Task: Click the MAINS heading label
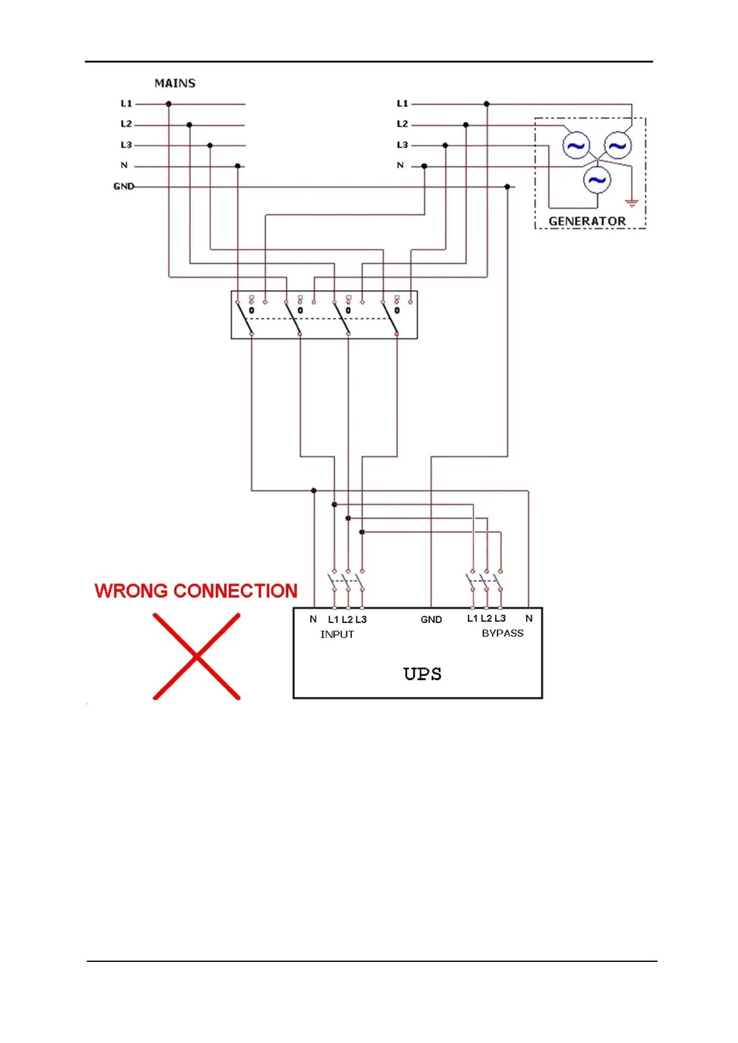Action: click(175, 83)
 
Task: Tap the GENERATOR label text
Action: click(587, 221)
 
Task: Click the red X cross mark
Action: click(196, 656)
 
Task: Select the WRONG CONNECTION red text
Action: click(196, 591)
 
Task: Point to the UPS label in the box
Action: click(422, 674)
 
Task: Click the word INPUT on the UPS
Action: click(337, 634)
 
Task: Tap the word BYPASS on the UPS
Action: click(503, 633)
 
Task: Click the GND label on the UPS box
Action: click(431, 619)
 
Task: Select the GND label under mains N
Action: click(123, 186)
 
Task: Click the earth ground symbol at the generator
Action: click(631, 203)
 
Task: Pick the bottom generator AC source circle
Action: click(597, 180)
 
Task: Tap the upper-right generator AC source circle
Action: click(617, 146)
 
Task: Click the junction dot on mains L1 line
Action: click(169, 104)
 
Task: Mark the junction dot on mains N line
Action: click(238, 166)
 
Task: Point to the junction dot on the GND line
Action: click(507, 186)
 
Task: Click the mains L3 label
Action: click(126, 145)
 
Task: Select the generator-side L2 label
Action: click(402, 124)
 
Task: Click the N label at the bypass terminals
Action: click(529, 618)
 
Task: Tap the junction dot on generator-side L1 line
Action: click(486, 104)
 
